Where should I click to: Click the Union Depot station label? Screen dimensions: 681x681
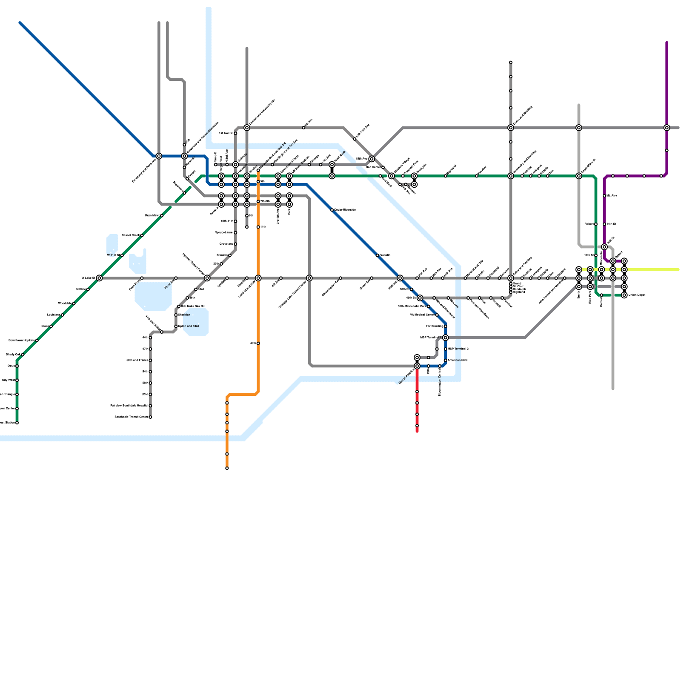[637, 295]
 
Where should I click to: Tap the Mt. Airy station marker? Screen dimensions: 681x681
[604, 196]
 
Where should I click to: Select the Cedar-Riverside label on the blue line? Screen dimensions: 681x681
[345, 210]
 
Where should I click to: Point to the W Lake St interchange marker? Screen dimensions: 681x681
[99, 278]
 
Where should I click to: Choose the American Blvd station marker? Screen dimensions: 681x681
[445, 361]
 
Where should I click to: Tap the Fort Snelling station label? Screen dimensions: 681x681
[435, 326]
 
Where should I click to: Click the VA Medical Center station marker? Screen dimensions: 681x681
[437, 315]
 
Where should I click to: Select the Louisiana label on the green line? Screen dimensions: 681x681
[53, 315]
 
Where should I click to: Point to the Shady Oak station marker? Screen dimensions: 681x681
[23, 355]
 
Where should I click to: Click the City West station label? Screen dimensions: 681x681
[9, 380]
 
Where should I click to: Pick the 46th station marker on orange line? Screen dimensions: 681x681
[258, 343]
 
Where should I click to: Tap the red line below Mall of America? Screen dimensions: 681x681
[417, 409]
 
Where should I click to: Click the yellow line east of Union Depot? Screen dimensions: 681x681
[655, 269]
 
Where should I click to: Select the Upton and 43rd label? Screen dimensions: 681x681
[188, 326]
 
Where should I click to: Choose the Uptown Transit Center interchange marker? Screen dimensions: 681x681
[207, 278]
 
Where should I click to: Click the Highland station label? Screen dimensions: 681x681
[519, 292]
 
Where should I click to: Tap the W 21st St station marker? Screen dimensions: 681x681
[122, 255]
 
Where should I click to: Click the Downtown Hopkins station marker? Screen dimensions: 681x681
[37, 340]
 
